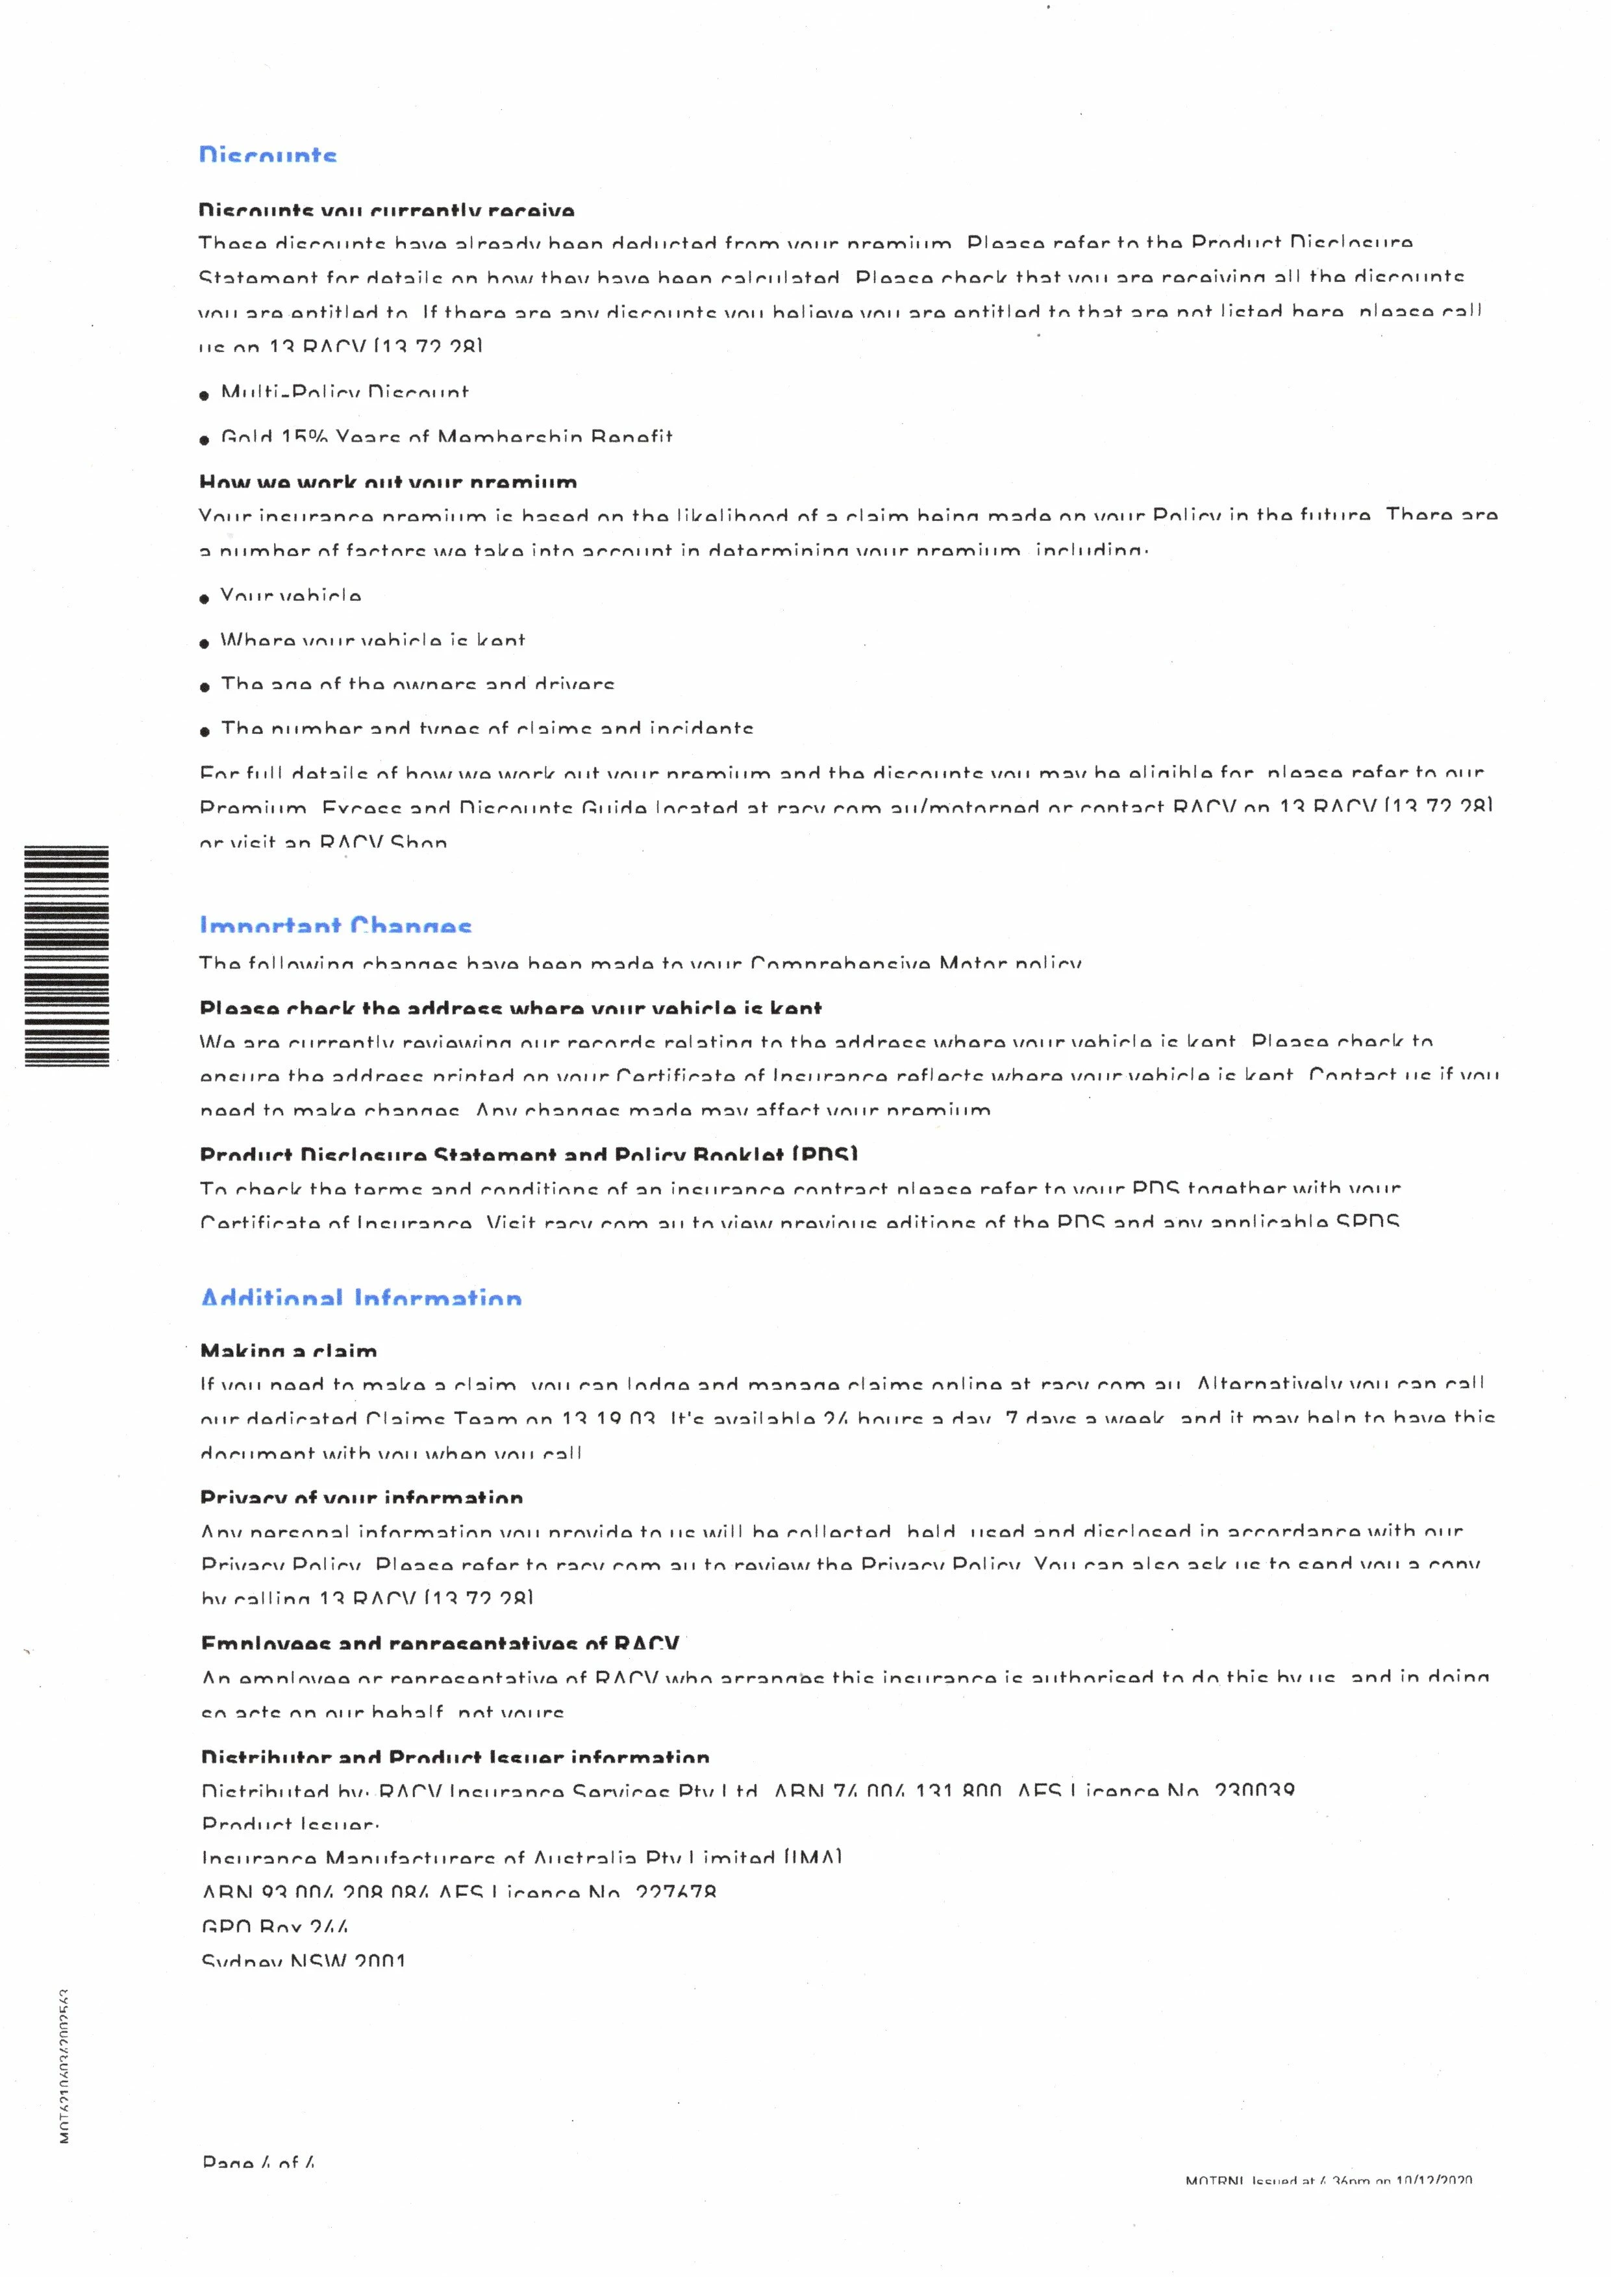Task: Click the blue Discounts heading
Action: [268, 156]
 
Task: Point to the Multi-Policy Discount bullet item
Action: [344, 393]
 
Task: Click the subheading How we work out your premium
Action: [388, 483]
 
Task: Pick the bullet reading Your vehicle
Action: [291, 596]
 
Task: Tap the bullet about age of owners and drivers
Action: [418, 685]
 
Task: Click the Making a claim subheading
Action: [289, 1350]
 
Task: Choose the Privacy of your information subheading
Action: [361, 1498]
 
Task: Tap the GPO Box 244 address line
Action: [275, 1927]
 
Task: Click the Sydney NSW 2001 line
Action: [303, 1961]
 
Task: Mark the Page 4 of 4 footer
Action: [258, 2163]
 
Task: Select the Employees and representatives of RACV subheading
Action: [440, 1644]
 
